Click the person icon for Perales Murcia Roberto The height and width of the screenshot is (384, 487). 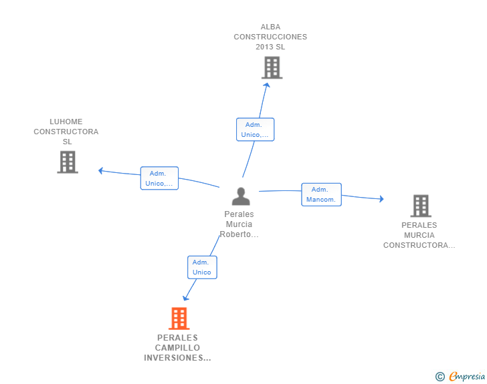point(241,196)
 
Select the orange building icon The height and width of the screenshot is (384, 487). point(179,319)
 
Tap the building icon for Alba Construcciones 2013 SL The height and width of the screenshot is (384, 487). point(272,67)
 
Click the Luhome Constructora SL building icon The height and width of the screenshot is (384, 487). point(68,162)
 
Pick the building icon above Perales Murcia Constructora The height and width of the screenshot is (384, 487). point(421,206)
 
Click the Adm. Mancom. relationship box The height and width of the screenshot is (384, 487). point(321,194)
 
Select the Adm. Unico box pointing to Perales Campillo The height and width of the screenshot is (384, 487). point(202,267)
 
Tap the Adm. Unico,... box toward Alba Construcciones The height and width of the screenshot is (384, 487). point(255,130)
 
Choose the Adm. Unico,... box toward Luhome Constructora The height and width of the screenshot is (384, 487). point(159,178)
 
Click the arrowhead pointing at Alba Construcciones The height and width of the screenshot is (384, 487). point(266,85)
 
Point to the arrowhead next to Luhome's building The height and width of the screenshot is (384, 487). point(100,170)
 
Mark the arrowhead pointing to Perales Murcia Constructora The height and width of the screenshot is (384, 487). point(382,199)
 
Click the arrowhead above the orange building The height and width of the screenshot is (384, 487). point(185,298)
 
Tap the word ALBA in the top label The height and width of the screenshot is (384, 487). point(270,27)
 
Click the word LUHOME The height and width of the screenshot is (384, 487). point(66,122)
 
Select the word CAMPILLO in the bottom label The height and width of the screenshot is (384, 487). point(177,348)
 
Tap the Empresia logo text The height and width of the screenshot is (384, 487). point(467,376)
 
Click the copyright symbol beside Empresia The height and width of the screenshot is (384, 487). point(440,377)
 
